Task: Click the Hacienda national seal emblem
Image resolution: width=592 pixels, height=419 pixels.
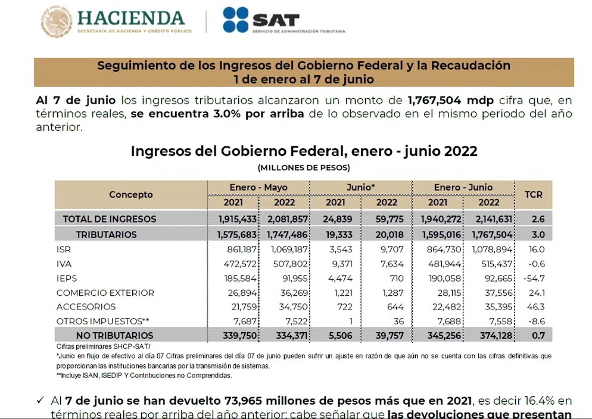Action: [57, 22]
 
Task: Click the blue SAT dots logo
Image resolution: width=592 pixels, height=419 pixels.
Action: [235, 20]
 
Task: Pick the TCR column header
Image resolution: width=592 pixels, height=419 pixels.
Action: [533, 194]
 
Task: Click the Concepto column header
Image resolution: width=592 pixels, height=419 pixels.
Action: [131, 195]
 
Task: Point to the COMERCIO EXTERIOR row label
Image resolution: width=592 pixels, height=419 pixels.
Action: [105, 293]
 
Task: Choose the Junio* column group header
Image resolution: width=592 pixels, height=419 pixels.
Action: [360, 187]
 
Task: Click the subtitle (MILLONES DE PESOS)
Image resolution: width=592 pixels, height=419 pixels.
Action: [304, 168]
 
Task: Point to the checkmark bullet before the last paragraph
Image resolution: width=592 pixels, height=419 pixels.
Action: [40, 400]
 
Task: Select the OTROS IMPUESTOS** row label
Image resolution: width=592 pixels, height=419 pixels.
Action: [103, 321]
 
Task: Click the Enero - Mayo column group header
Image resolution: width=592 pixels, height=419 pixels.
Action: [258, 187]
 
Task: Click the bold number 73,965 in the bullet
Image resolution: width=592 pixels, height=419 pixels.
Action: [246, 399]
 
